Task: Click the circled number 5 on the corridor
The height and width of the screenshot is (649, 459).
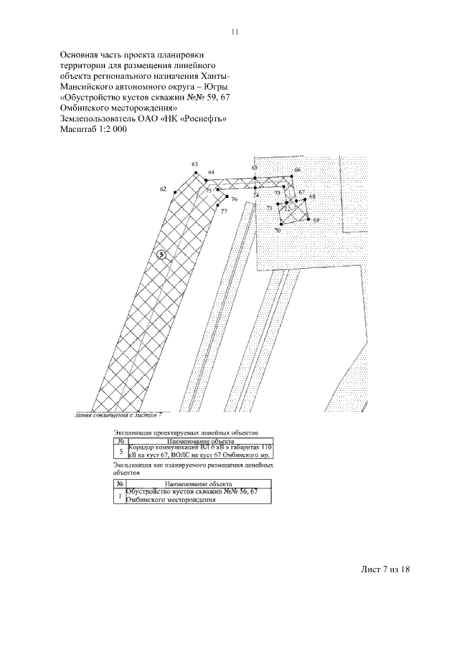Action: [162, 255]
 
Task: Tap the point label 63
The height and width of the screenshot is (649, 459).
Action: [195, 165]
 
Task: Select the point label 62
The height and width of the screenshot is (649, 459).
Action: [164, 189]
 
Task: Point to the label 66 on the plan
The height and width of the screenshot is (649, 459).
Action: [298, 170]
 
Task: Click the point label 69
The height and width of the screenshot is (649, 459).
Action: [316, 220]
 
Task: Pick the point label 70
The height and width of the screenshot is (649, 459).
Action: [277, 231]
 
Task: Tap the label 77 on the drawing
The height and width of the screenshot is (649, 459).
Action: [224, 212]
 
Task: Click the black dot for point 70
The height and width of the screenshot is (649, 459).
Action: [282, 224]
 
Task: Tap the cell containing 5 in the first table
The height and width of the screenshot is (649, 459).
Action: [120, 450]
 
